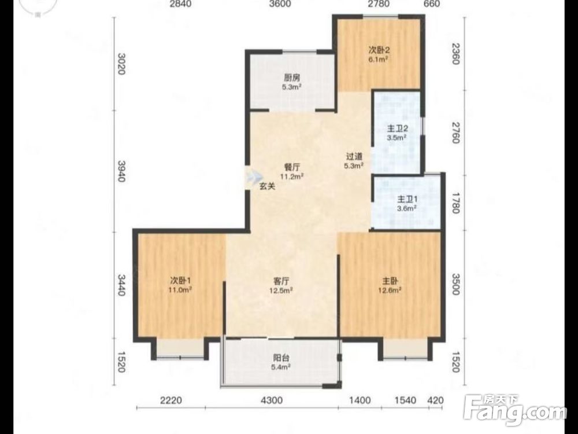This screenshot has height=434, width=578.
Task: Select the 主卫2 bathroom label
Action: (397, 129)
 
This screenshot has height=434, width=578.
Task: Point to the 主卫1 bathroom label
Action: (407, 199)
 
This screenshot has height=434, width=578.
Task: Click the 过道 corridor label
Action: (354, 156)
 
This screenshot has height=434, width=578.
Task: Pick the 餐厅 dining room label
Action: (291, 167)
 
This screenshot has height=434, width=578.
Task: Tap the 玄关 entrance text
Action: (267, 186)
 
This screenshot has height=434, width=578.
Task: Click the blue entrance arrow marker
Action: (254, 176)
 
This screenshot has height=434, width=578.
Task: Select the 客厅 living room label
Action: (281, 281)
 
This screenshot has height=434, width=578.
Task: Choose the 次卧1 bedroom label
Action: (180, 281)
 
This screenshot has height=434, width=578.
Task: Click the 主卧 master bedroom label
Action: (390, 281)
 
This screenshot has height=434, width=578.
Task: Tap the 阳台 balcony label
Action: (281, 358)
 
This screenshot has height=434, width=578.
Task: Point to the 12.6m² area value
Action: (390, 290)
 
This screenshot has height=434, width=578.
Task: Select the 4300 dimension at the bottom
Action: (272, 400)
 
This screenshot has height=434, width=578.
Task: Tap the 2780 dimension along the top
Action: (378, 4)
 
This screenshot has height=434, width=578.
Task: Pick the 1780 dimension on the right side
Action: (455, 203)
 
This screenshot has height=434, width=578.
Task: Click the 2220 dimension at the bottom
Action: (171, 400)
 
